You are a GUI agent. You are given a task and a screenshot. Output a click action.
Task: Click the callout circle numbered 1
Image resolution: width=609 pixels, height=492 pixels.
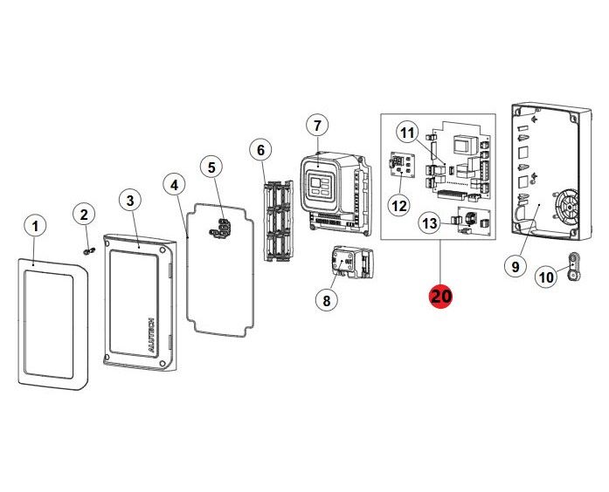coord(36,227)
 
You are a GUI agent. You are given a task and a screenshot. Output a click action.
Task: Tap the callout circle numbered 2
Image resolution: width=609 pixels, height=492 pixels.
coord(84,215)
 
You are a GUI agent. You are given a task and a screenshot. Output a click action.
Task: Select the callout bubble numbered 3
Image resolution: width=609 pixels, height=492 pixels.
coord(130,201)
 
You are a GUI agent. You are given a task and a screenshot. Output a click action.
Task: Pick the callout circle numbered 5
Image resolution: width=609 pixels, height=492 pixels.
coord(210,166)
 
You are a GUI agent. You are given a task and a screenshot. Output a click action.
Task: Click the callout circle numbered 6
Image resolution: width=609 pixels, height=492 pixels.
coord(260,149)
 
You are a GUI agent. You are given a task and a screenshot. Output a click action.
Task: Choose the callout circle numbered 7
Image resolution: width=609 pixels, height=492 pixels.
coord(316,125)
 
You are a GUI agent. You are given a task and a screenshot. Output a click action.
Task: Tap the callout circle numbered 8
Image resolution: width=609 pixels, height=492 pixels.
coord(326,300)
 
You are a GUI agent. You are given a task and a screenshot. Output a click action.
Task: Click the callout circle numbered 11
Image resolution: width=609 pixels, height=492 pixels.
coord(407,133)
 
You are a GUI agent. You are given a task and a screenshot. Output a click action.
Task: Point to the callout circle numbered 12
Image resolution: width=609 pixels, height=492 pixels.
coord(399,206)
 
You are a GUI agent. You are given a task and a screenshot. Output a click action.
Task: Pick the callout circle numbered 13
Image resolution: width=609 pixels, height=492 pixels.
coord(429,224)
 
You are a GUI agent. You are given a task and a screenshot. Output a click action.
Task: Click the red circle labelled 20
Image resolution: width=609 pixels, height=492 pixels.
coord(440,297)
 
